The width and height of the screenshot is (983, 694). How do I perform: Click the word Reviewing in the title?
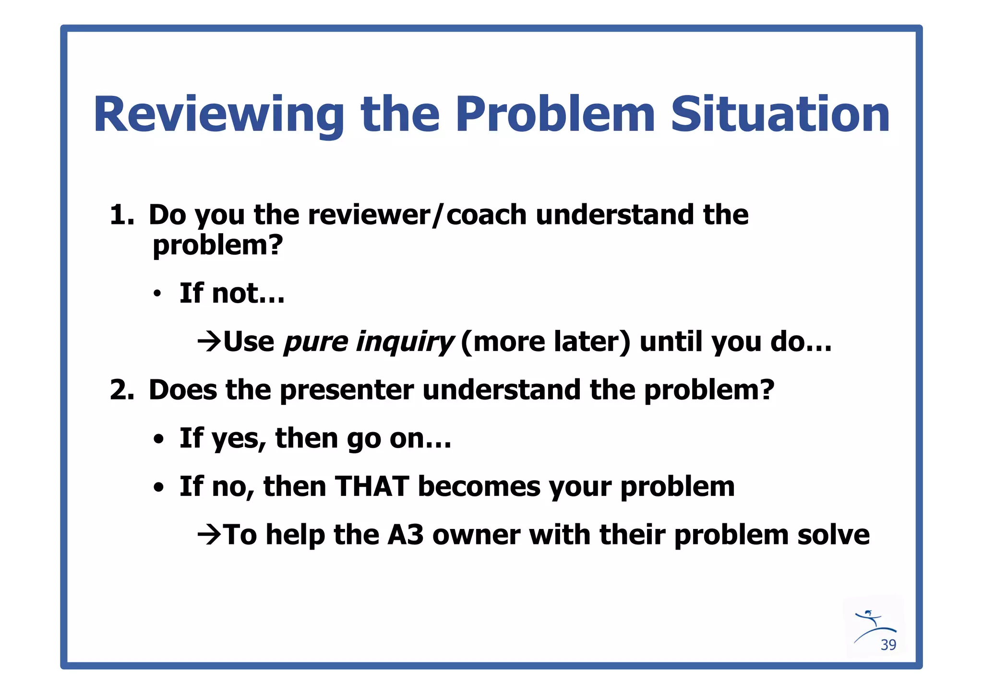click(x=218, y=115)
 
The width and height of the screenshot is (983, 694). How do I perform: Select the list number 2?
click(x=121, y=389)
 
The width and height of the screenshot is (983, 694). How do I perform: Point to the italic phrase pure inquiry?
click(x=368, y=341)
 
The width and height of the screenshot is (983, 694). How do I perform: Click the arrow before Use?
click(x=209, y=341)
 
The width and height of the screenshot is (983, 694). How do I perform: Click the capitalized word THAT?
click(x=372, y=486)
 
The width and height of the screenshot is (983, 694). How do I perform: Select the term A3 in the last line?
click(x=405, y=535)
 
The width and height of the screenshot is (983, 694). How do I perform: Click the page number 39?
click(x=888, y=645)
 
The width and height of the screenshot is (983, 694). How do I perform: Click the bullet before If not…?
click(x=157, y=294)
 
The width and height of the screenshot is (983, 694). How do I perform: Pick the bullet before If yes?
click(x=158, y=439)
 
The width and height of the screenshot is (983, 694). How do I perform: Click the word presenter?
click(x=346, y=389)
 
